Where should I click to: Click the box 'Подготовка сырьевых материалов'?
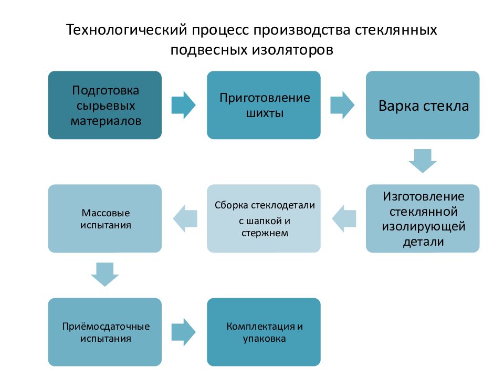(105, 105)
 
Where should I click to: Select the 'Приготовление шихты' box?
(264, 105)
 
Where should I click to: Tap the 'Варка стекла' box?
(423, 105)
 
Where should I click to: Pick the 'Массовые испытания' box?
(105, 218)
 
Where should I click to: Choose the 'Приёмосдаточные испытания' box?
(105, 332)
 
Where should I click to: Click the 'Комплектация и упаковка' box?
(264, 332)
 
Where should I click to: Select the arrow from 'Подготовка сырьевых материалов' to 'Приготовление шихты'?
(184, 105)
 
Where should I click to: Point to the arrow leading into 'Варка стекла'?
(342, 105)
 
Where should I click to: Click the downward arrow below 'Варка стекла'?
(423, 161)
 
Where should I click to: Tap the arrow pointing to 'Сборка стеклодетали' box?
(344, 218)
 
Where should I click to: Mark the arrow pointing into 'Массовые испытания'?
(185, 218)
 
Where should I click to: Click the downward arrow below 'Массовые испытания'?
(105, 275)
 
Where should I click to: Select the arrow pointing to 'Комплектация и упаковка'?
(184, 332)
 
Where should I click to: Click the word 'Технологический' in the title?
(127, 29)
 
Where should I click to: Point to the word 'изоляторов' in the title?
(292, 50)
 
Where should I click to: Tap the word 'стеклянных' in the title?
(396, 29)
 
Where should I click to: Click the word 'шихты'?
(265, 113)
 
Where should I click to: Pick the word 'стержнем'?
(265, 233)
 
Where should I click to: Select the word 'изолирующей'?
(424, 227)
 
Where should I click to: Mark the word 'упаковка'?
(264, 339)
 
